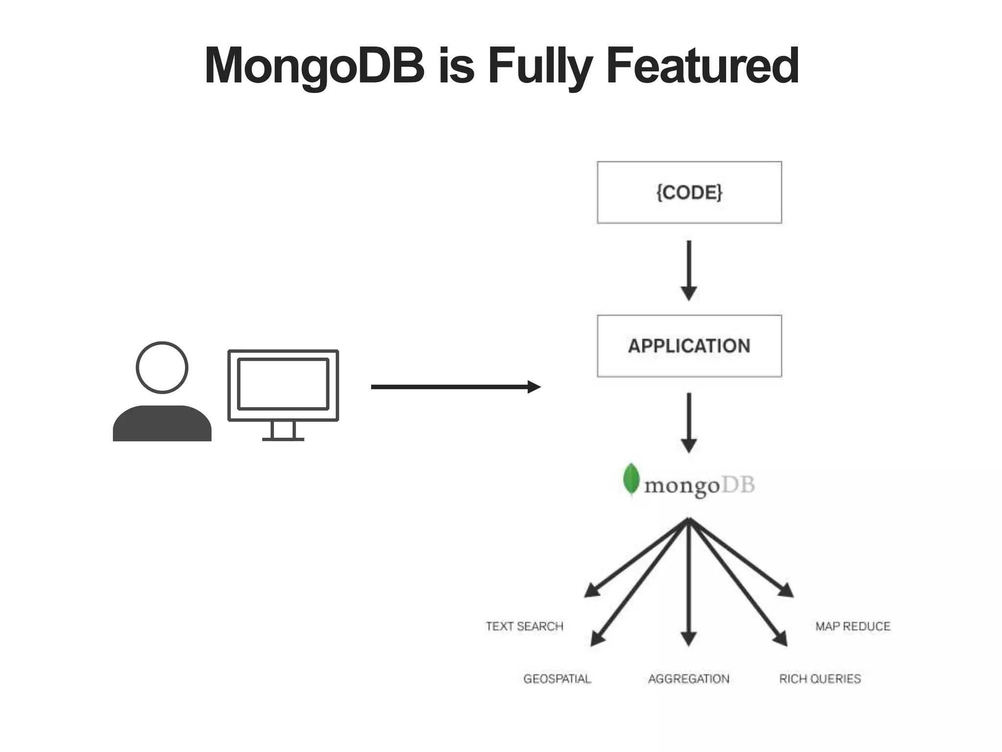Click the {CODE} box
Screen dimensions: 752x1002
tap(689, 192)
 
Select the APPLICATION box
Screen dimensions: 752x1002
tap(689, 346)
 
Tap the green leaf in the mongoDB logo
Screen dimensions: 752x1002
tap(631, 479)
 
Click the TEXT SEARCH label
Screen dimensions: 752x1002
tap(524, 626)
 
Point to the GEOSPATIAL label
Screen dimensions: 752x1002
tap(557, 679)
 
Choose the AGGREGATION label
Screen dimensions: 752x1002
tap(689, 679)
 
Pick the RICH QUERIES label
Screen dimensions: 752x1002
tap(820, 679)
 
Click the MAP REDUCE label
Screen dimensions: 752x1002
tap(853, 626)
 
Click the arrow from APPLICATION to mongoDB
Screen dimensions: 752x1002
tap(689, 422)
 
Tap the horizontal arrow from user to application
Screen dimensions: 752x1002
tap(455, 387)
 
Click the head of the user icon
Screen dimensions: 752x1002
tap(162, 367)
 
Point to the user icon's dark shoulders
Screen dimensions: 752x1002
tap(162, 425)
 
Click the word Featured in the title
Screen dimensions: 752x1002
tap(702, 66)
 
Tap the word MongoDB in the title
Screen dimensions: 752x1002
tap(315, 66)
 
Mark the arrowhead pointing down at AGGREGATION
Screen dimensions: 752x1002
tap(688, 638)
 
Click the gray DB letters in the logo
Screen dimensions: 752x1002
tap(738, 485)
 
